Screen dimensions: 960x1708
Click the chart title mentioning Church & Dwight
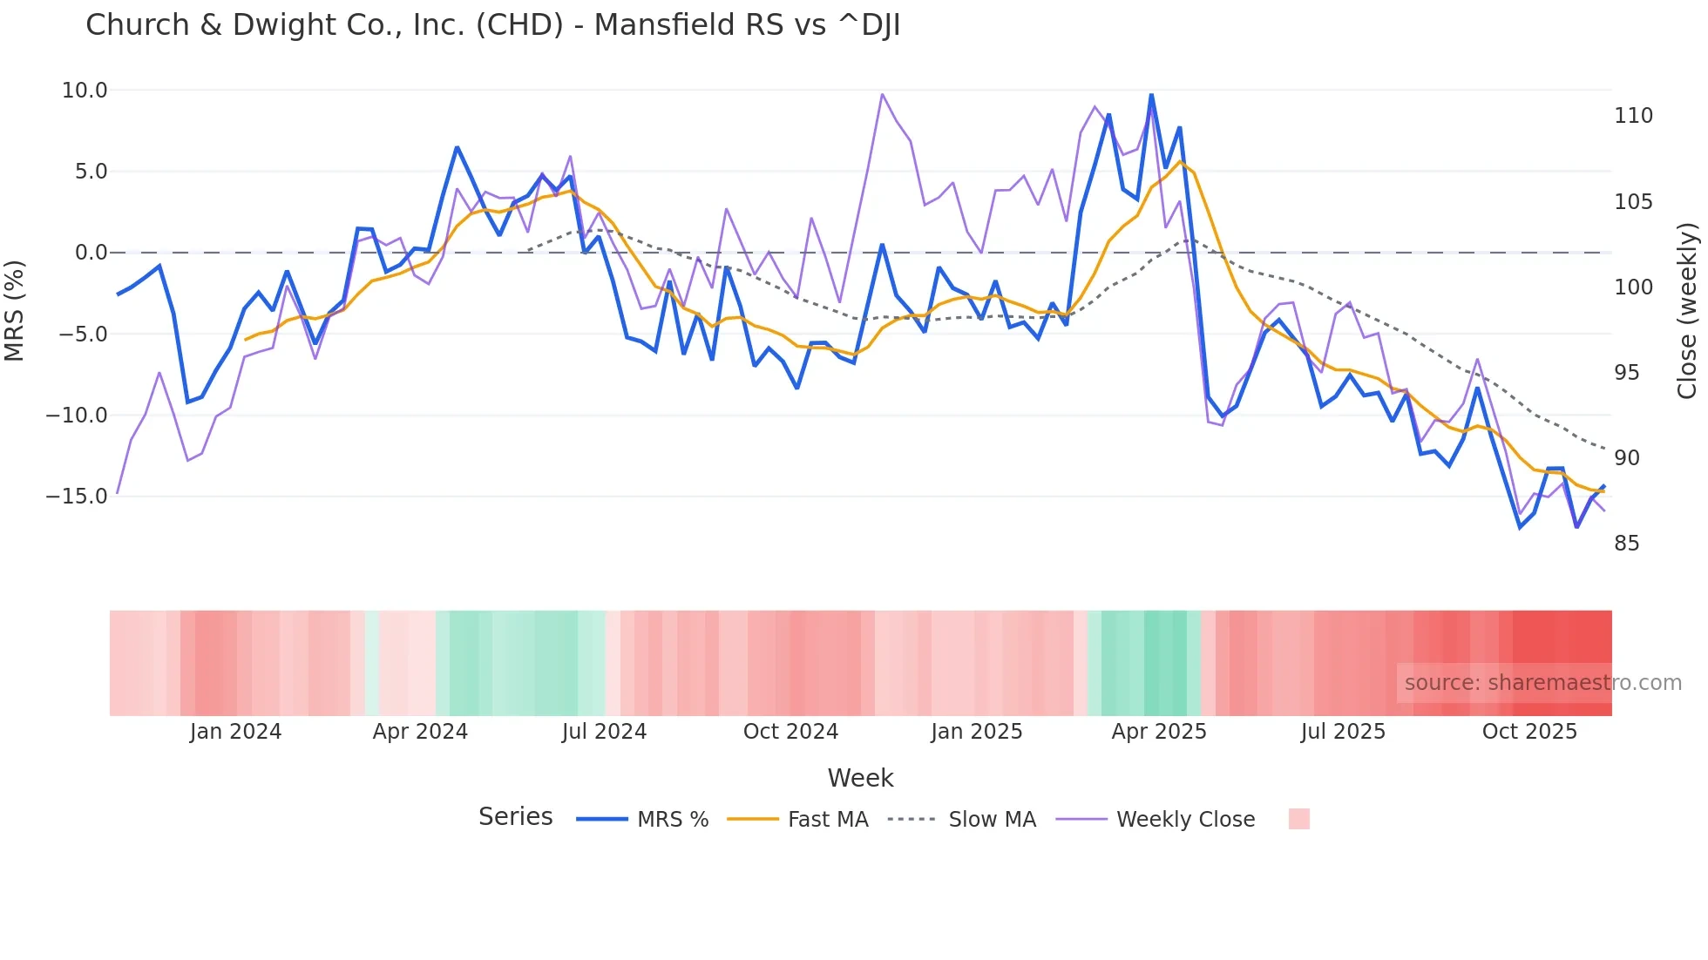[x=492, y=25]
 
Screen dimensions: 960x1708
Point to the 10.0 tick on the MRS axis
[x=85, y=91]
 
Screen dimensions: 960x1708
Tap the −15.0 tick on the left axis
[x=77, y=497]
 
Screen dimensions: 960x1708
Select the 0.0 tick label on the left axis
[x=91, y=253]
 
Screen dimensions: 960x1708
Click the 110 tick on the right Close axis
[x=1633, y=116]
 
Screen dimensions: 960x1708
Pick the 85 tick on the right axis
[x=1626, y=544]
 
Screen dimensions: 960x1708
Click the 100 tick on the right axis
[x=1633, y=287]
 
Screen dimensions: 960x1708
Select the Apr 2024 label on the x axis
[x=420, y=732]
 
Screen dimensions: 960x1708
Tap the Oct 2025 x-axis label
[x=1529, y=732]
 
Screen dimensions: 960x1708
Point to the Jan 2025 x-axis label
[x=976, y=732]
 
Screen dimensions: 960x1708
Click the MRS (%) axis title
[x=15, y=311]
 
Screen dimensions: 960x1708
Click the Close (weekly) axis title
[x=1687, y=311]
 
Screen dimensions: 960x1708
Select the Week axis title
[x=860, y=778]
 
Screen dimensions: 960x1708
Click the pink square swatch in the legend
[x=1298, y=819]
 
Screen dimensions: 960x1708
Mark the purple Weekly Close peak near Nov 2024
[x=882, y=94]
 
